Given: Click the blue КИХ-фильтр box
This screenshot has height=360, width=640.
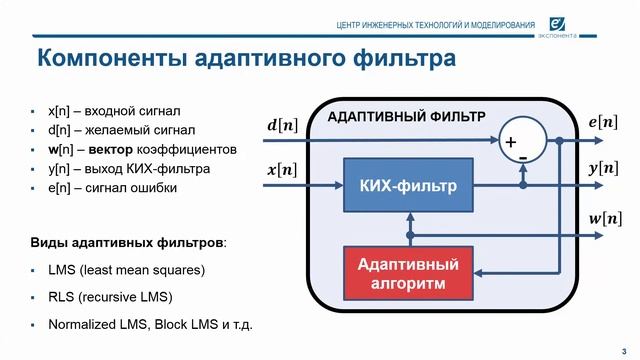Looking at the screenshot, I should coord(408,185).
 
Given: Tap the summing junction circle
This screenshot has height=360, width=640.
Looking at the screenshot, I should coord(522,140).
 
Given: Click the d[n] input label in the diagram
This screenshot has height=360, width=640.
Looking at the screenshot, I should coord(281,126).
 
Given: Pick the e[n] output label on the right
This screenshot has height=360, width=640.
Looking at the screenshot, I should coord(603,123).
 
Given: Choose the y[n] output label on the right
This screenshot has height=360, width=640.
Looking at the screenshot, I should coord(603,169).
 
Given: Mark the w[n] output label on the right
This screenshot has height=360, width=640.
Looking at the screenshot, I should coord(603,217).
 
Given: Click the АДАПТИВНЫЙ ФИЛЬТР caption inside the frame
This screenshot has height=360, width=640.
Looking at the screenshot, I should coord(406,117).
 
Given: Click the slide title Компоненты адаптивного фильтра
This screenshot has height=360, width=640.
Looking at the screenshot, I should coord(246,59).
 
